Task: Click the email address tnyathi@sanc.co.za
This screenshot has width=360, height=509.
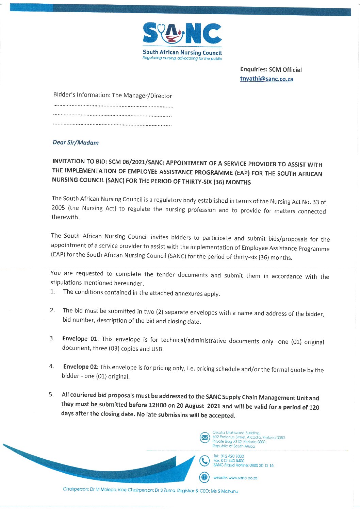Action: pos(266,79)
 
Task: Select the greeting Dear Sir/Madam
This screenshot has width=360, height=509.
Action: pos(76,142)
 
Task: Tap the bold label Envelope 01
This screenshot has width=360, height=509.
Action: pos(80,339)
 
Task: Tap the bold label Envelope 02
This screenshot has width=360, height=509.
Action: pos(80,367)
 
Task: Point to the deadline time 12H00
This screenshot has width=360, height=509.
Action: pos(157,405)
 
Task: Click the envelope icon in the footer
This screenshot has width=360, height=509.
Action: pos(204,437)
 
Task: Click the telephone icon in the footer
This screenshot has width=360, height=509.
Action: pos(204,461)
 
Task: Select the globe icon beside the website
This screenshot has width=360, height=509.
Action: pos(204,477)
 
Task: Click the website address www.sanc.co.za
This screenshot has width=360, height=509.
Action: pos(243,478)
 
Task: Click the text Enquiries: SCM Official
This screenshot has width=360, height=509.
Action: pos(271,70)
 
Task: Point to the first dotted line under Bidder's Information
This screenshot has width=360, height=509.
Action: pos(113,107)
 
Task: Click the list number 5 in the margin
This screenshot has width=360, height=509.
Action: pos(51,394)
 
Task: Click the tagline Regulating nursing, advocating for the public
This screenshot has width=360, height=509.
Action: pos(182,58)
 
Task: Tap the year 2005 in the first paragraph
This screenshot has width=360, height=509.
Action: pos(58,207)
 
